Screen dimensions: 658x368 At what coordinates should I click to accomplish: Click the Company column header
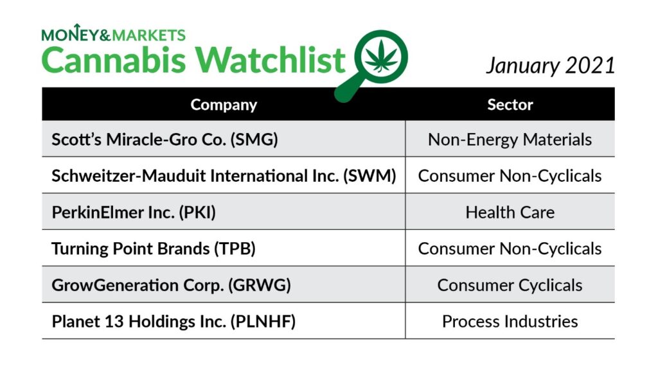224,105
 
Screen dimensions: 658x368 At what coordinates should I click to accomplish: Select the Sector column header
510,105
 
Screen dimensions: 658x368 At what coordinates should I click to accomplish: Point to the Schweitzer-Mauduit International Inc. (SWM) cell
224,176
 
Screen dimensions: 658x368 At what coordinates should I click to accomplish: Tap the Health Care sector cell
510,213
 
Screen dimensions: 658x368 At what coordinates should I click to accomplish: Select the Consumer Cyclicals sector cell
510,285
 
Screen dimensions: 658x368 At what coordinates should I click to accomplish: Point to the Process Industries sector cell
510,321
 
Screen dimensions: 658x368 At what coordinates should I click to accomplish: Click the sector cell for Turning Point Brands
510,249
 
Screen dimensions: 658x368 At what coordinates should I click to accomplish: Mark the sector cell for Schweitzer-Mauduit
510,176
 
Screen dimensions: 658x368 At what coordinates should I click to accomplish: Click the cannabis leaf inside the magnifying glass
381,56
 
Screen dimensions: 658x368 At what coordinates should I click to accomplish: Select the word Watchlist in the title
270,59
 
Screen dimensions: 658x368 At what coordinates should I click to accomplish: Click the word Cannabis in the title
113,60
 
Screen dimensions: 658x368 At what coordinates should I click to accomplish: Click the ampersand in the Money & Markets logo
105,35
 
